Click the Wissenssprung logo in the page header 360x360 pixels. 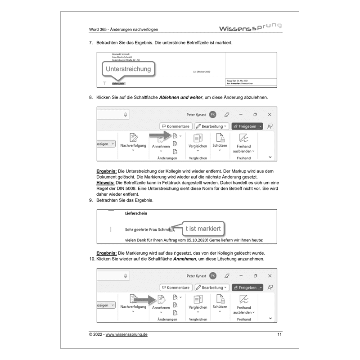click(x=250, y=28)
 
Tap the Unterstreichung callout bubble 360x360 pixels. click(x=128, y=69)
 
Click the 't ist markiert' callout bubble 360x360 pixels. click(x=203, y=229)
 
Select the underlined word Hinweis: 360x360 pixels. click(x=106, y=183)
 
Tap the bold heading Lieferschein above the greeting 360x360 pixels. click(x=136, y=213)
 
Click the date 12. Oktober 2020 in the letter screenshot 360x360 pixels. click(x=201, y=72)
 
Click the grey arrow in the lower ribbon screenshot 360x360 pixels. click(x=144, y=298)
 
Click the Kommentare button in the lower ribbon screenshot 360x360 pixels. click(x=175, y=288)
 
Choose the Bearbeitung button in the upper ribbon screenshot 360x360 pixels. click(x=211, y=126)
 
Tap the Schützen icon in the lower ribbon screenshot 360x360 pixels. click(x=220, y=299)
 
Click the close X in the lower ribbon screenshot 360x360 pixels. click(x=270, y=276)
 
